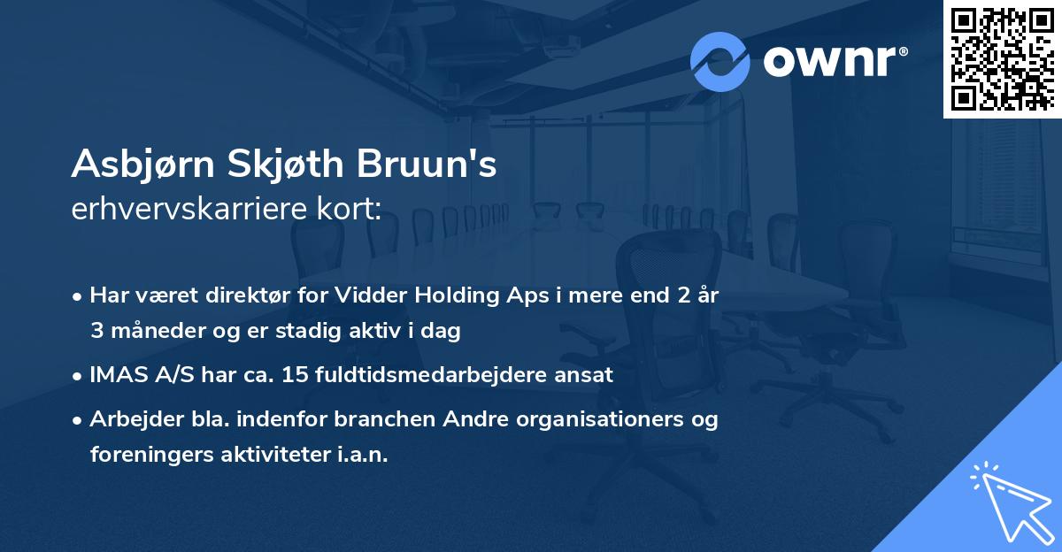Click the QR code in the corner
click(x=1002, y=58)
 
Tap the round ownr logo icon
click(x=720, y=61)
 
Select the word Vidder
click(x=365, y=295)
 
